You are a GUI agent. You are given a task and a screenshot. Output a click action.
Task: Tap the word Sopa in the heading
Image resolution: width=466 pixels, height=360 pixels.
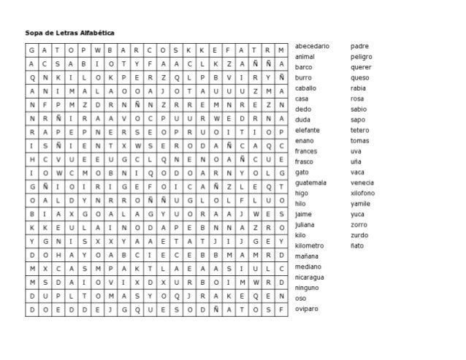pyautogui.click(x=34, y=33)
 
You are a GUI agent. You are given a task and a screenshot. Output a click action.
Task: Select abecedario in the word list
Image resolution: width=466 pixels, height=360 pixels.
pyautogui.click(x=312, y=46)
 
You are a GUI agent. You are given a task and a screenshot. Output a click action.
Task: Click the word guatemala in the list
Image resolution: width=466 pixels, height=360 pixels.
pyautogui.click(x=311, y=183)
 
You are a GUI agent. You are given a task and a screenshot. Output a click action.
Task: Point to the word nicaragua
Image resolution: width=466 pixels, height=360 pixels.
pyautogui.click(x=310, y=277)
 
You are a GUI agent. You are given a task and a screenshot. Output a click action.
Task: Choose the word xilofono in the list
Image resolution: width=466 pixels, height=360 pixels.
pyautogui.click(x=363, y=193)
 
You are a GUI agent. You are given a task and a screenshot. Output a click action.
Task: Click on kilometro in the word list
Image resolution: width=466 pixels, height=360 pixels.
pyautogui.click(x=309, y=246)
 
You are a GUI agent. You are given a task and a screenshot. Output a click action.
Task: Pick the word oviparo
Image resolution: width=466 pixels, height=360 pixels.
pyautogui.click(x=307, y=309)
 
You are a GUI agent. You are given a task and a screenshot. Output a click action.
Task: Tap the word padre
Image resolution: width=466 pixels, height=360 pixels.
pyautogui.click(x=359, y=46)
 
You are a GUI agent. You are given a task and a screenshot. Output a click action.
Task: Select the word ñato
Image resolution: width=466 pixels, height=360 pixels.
pyautogui.click(x=357, y=246)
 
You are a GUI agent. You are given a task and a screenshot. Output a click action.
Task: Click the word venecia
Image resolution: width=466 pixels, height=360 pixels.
pyautogui.click(x=362, y=183)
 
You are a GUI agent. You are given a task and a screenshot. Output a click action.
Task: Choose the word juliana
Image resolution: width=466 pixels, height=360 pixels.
pyautogui.click(x=305, y=225)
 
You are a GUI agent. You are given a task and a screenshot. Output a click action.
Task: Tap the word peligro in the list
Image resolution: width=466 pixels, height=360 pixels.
pyautogui.click(x=362, y=56)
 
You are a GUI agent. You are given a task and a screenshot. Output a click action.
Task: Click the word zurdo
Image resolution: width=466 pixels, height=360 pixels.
pyautogui.click(x=359, y=235)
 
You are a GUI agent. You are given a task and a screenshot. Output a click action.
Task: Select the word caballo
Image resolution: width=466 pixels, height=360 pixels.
pyautogui.click(x=306, y=88)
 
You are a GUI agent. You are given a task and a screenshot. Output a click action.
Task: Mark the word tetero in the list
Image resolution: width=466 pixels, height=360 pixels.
pyautogui.click(x=360, y=129)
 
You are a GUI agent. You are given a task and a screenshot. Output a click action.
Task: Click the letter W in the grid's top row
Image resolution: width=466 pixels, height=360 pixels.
pyautogui.click(x=95, y=50)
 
